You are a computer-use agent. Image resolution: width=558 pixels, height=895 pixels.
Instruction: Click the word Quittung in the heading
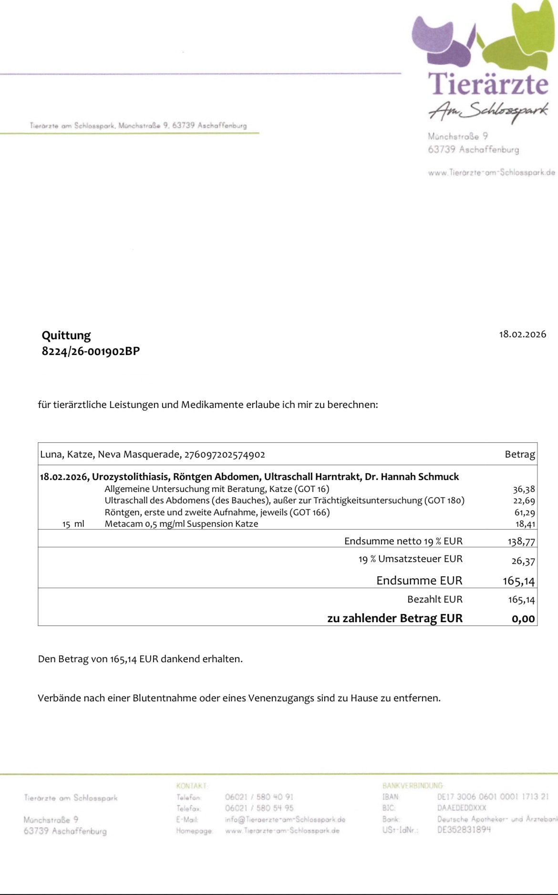point(66,335)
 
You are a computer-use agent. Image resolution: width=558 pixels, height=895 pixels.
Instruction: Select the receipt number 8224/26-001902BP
point(91,352)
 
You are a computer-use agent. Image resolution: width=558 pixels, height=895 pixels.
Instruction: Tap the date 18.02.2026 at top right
point(522,334)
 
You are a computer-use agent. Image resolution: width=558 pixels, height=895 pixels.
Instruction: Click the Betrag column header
point(519,454)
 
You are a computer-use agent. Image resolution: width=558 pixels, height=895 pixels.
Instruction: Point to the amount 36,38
point(524,489)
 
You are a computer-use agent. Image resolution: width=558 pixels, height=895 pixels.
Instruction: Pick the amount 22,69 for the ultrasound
point(524,500)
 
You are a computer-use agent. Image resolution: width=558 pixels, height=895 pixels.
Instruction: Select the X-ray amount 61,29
point(524,512)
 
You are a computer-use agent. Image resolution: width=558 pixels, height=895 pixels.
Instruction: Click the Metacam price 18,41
point(525,524)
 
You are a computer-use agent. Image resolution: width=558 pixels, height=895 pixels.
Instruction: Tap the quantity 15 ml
point(73,524)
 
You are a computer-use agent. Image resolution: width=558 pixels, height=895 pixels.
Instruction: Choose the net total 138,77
point(521,541)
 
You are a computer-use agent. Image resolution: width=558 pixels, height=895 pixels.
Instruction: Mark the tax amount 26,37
point(523,561)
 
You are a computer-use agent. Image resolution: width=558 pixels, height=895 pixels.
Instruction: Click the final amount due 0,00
point(523,619)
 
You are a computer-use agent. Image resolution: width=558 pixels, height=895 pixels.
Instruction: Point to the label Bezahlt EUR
point(434,599)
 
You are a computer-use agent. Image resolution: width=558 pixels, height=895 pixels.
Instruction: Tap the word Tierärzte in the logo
point(489,83)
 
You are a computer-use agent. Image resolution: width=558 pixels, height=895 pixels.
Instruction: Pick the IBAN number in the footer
point(493,797)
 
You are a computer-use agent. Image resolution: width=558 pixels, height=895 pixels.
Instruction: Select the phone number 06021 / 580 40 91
point(259,797)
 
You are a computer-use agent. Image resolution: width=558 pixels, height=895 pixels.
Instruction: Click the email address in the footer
point(285,819)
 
